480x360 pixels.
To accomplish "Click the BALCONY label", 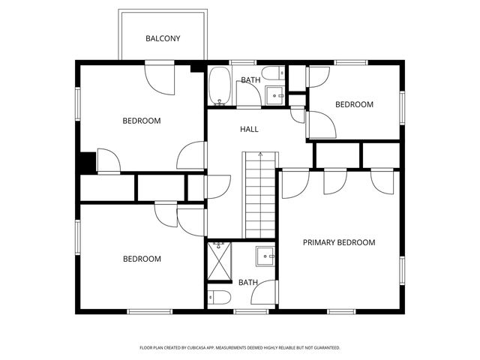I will [163, 39].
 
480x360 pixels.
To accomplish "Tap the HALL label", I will [249, 130].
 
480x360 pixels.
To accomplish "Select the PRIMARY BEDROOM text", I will [338, 243].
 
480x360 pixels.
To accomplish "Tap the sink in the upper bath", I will [274, 96].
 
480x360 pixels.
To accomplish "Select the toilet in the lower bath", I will [218, 297].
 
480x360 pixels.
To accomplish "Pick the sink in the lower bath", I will [265, 256].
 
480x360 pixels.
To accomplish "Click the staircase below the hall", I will [260, 193].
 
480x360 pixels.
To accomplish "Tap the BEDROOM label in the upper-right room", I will [353, 105].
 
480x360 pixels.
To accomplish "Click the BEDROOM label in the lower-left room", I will [142, 259].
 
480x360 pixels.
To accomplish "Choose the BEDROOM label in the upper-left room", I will [142, 121].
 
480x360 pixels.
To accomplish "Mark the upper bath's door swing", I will [248, 94].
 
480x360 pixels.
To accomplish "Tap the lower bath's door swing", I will [265, 294].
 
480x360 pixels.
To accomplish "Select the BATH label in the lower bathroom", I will [248, 283].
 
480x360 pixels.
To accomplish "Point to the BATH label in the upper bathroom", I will [250, 80].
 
